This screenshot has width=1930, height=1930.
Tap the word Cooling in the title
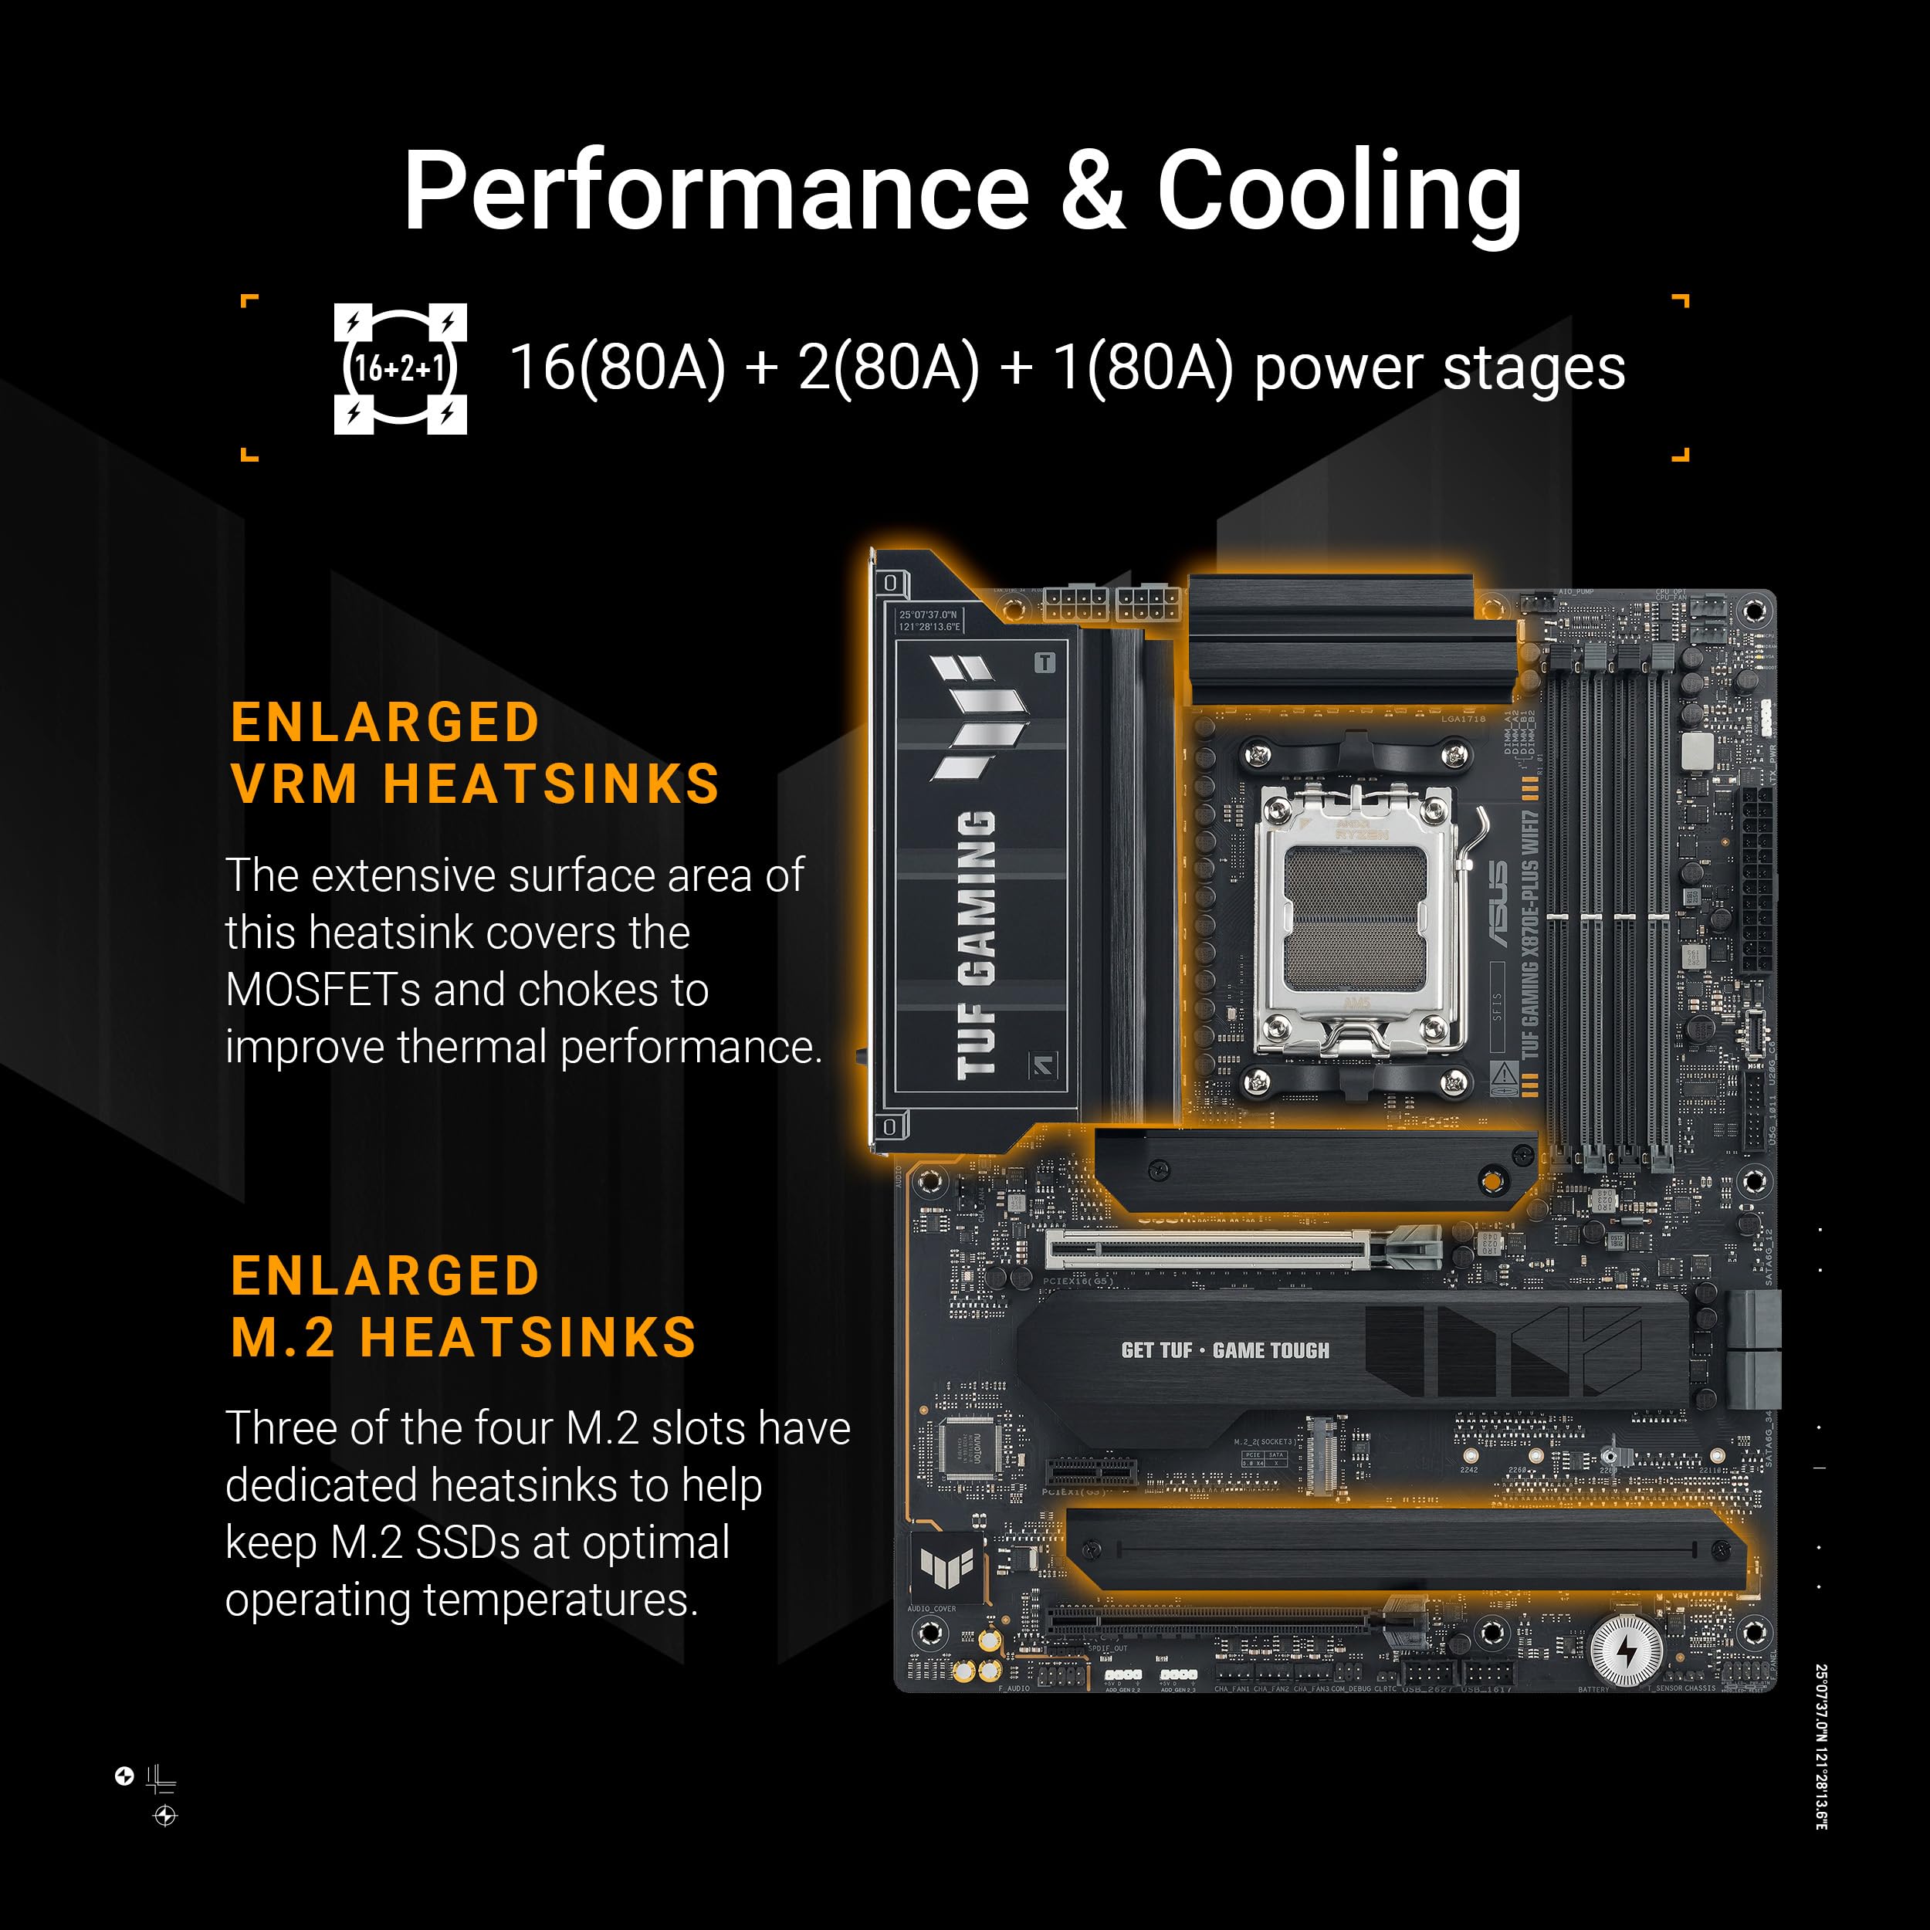point(1338,191)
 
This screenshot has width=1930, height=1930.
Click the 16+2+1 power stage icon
point(400,368)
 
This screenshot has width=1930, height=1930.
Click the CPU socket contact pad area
point(1356,918)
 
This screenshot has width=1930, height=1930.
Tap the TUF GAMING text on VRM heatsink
point(975,944)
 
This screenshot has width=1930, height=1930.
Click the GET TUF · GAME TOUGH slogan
point(1224,1350)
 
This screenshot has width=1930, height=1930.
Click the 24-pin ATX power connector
point(1757,880)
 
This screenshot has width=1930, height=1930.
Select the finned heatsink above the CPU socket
point(1331,640)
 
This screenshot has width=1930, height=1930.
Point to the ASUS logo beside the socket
point(1499,904)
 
